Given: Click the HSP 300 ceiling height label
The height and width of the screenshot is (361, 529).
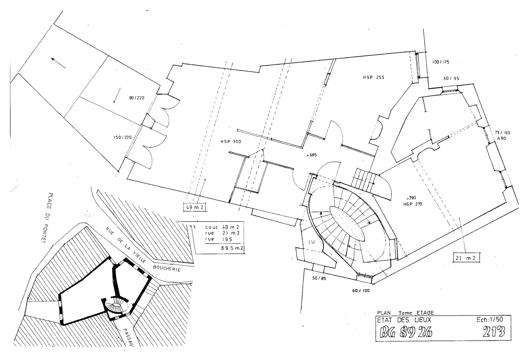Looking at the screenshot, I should coord(231,142).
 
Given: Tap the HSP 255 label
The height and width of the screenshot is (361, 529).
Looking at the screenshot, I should coord(374,78).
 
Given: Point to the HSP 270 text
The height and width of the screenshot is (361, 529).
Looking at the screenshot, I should coord(413,204).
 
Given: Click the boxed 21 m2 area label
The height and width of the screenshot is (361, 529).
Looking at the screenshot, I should coord(466,258).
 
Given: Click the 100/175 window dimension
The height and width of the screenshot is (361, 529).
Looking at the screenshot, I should coord(441,62).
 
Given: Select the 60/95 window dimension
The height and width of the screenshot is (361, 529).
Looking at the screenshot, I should coord(451,78).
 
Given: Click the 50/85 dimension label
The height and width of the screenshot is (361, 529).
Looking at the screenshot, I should coord(319,278).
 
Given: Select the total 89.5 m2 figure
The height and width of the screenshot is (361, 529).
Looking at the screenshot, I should coord(232,248).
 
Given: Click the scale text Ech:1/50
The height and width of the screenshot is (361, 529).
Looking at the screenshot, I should coord(490,319).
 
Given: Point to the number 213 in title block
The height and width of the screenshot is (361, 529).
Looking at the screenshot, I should coord(494,332).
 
